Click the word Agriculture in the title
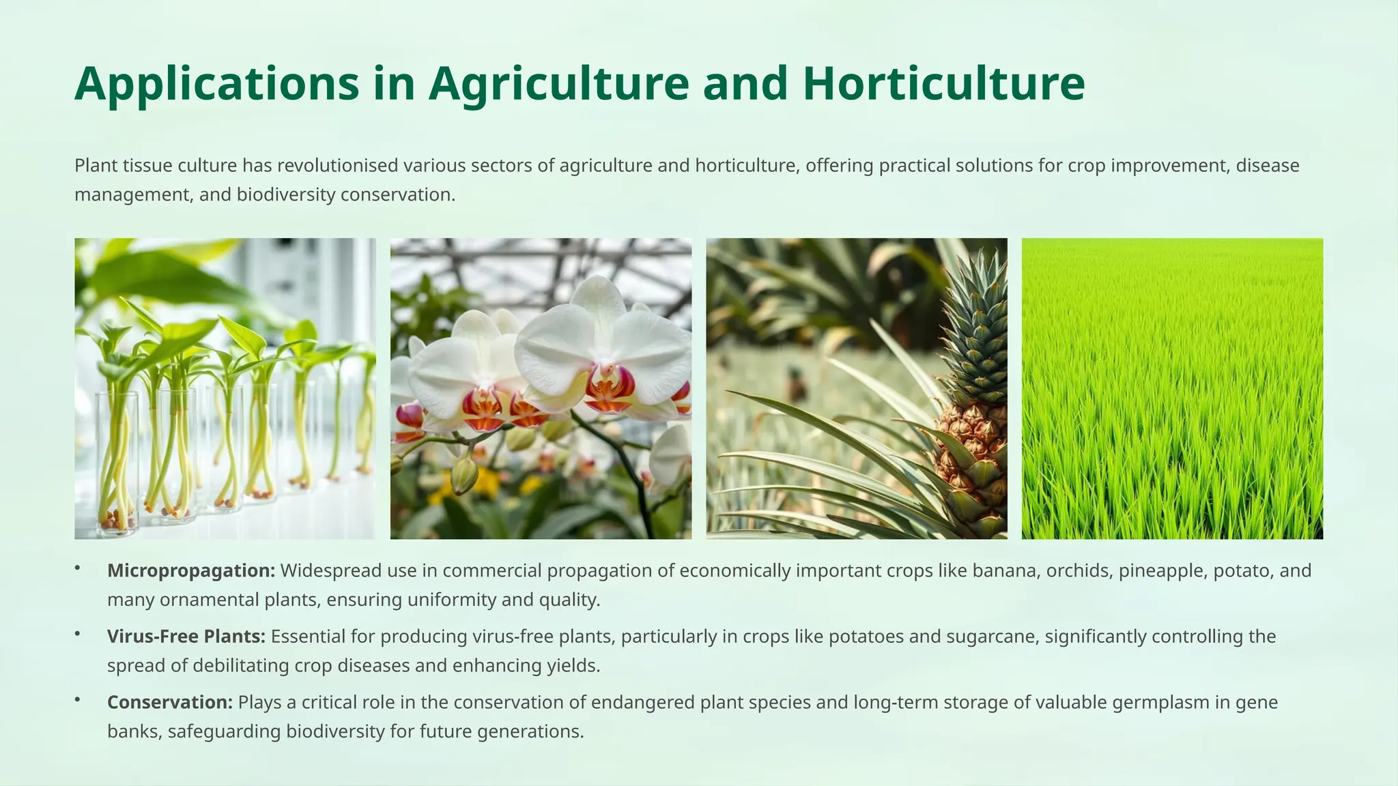(559, 83)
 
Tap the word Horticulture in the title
(943, 83)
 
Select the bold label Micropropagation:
(191, 570)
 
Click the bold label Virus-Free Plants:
(186, 637)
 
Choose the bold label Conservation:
(170, 702)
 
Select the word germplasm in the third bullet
(1160, 702)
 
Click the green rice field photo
(1172, 388)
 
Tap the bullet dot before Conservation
(78, 699)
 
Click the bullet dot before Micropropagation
(78, 568)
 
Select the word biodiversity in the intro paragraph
(286, 195)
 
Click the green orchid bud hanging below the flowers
(464, 476)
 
